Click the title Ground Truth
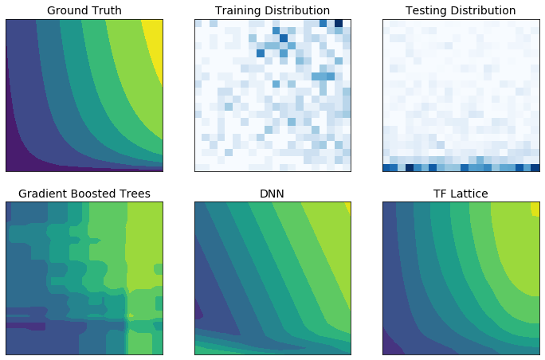click(84, 10)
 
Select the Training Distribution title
click(272, 10)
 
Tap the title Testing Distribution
click(461, 10)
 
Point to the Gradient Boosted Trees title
click(84, 194)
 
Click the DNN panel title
click(272, 194)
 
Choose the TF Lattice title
click(461, 194)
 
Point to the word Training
click(241, 10)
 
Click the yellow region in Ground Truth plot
click(154, 44)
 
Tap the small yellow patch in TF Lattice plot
click(535, 208)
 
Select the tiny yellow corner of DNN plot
click(348, 205)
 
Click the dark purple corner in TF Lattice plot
click(389, 347)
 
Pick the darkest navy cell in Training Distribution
click(339, 23)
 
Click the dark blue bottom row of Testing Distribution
click(461, 167)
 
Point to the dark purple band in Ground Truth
click(16, 143)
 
